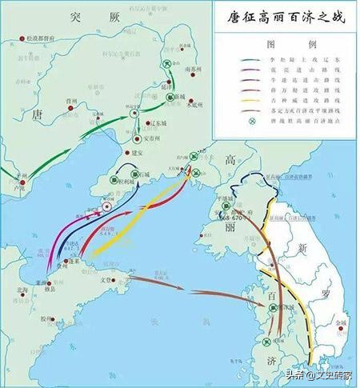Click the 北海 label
(11, 292)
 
